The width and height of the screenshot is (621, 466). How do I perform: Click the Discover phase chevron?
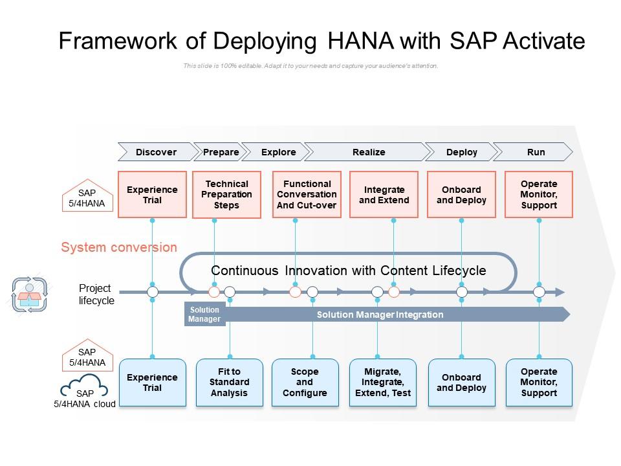[x=156, y=152]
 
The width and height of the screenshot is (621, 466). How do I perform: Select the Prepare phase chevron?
[x=221, y=152]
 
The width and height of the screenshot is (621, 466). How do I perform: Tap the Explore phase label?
[x=278, y=152]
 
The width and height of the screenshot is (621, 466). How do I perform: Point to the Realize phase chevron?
[x=369, y=152]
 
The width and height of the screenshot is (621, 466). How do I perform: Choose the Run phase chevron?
[x=536, y=152]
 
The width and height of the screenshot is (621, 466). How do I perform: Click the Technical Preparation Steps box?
[x=226, y=195]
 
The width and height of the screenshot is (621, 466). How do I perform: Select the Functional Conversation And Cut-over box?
[x=307, y=195]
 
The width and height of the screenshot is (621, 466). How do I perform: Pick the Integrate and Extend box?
[x=384, y=195]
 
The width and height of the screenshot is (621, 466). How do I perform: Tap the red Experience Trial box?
[x=152, y=195]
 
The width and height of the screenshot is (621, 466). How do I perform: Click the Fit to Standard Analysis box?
[x=229, y=383]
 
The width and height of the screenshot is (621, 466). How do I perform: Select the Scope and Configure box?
[x=305, y=383]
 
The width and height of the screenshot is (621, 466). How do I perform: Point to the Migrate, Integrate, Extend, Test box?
[x=383, y=383]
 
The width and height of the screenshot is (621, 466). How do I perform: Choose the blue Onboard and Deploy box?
[x=461, y=383]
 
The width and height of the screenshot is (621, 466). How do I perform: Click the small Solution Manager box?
[x=204, y=315]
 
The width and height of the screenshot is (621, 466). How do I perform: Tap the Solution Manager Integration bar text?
[x=380, y=315]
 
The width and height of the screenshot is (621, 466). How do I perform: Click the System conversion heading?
[x=119, y=247]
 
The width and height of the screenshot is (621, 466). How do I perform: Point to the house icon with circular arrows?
[x=29, y=294]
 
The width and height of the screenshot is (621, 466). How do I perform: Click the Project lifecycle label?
[x=96, y=294]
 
